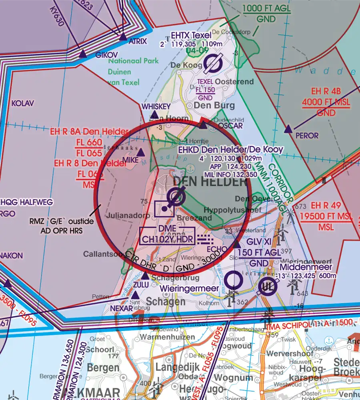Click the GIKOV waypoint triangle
tap(82, 54)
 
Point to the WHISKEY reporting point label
tap(156, 106)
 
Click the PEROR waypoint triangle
tap(288, 129)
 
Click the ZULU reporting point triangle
tap(145, 276)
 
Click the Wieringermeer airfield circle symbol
tap(233, 280)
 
